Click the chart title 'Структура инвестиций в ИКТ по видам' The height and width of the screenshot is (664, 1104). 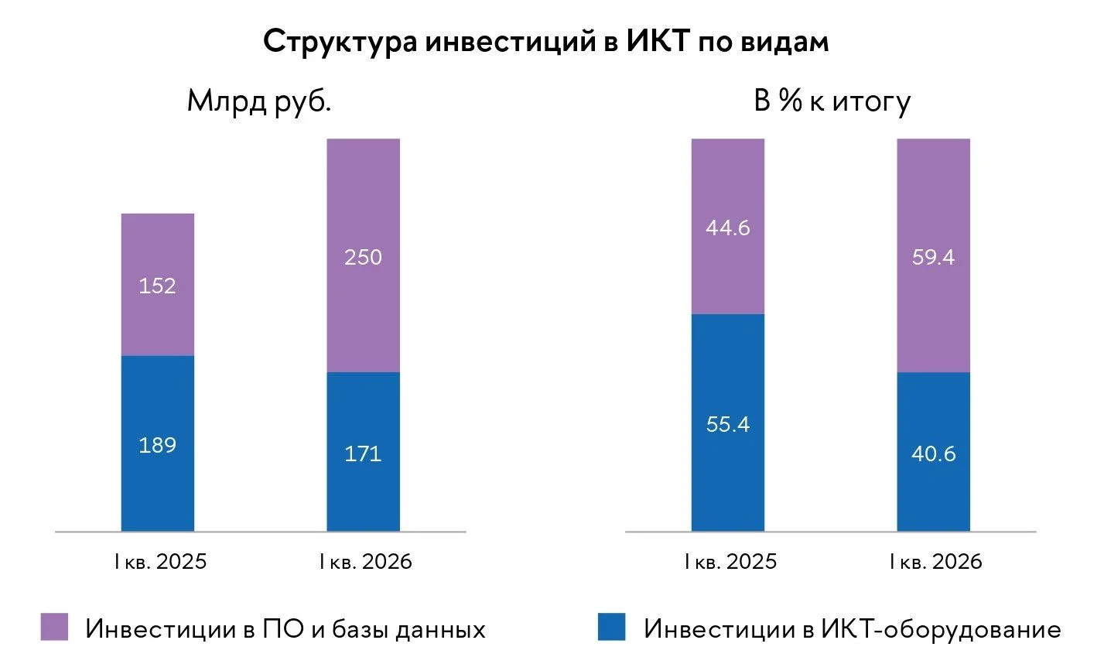(546, 42)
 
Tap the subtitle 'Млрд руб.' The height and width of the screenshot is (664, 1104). (259, 102)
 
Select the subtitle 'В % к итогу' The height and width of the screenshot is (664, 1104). (832, 102)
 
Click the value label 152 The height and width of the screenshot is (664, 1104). (157, 286)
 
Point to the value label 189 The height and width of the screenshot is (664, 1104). (157, 445)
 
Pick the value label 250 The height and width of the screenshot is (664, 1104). (364, 257)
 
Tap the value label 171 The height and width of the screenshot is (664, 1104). (364, 454)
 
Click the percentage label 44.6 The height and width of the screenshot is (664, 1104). (728, 228)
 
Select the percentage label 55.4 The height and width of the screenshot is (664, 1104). (728, 424)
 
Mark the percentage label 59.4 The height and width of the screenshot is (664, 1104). (934, 257)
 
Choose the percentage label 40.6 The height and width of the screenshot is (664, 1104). (934, 454)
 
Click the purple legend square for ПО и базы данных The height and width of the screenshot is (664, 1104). (54, 627)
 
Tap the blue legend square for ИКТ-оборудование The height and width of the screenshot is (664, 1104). (612, 627)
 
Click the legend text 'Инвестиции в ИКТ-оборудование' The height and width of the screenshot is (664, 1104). (852, 629)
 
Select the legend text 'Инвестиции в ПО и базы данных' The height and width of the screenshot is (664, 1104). (285, 629)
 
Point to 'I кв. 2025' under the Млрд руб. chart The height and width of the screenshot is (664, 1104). (161, 562)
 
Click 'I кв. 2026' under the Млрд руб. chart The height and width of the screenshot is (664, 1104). (366, 562)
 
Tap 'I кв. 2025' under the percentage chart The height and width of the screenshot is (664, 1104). (730, 562)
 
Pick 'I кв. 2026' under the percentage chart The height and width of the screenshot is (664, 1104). (936, 562)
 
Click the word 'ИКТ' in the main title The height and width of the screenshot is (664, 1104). (658, 40)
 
